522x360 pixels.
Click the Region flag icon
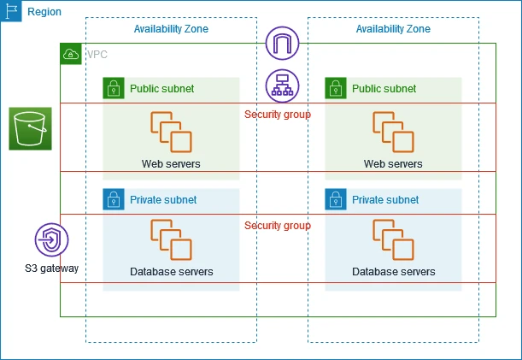11,11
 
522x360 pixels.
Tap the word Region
44,12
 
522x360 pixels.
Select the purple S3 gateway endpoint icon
51,241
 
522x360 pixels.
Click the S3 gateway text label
51,268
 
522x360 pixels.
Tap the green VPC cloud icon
72,55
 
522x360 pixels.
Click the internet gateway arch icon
282,43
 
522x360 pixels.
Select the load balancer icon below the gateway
282,86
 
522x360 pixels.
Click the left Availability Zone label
171,29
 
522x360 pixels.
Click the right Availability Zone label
393,29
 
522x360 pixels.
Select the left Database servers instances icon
171,241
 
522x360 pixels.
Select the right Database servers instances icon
393,241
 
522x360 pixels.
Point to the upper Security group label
277,114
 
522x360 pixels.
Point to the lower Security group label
277,225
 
